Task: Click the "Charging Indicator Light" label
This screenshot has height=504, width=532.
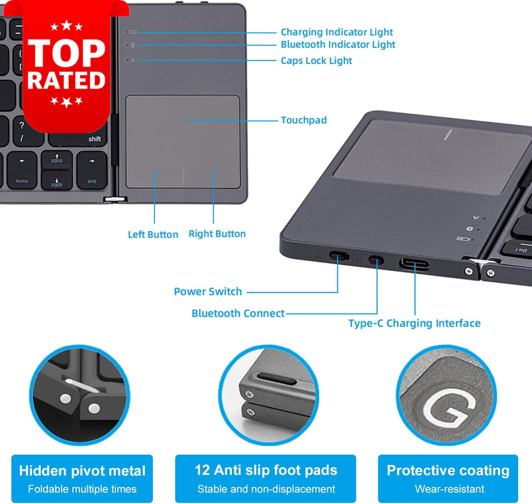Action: tap(336, 32)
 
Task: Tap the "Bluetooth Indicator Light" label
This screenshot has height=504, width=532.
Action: tap(338, 45)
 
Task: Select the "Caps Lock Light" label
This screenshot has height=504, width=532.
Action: tap(317, 61)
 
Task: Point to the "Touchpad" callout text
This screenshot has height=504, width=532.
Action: tap(304, 120)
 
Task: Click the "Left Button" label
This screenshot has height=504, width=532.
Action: tap(153, 234)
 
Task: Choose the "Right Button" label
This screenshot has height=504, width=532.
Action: tap(217, 234)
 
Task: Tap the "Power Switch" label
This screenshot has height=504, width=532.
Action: tap(208, 292)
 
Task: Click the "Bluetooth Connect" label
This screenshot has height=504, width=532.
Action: tap(238, 313)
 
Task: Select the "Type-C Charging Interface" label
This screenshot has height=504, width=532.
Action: tap(414, 324)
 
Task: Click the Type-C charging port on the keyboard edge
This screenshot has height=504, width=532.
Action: tap(414, 264)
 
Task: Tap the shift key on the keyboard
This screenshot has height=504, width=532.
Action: tap(78, 138)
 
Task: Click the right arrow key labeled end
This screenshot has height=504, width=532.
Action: tap(92, 170)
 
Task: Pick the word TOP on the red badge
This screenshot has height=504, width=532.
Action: tap(66, 53)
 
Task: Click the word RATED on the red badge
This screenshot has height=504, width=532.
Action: tap(66, 81)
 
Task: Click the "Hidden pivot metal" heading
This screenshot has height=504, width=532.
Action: tap(82, 471)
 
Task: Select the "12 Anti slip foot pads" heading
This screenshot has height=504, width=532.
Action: tap(266, 470)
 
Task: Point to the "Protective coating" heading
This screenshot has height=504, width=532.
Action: tap(448, 471)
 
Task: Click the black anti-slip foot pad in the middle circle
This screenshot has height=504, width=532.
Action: tap(276, 378)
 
